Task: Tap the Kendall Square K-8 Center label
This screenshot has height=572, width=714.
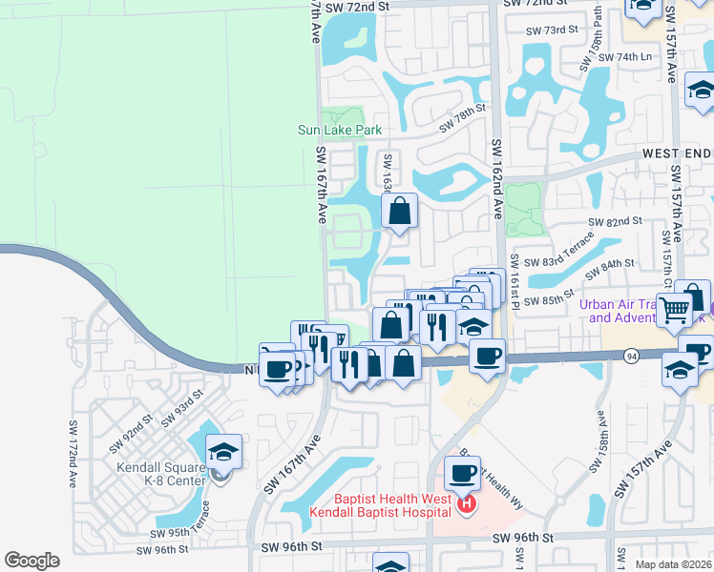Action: pyautogui.click(x=161, y=474)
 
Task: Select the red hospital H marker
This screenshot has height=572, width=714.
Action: pyautogui.click(x=467, y=504)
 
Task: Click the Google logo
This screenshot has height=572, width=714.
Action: pyautogui.click(x=31, y=561)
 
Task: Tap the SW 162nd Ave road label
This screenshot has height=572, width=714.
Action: pyautogui.click(x=496, y=180)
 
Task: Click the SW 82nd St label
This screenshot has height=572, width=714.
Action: pyautogui.click(x=614, y=221)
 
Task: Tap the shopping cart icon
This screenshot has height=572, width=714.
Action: pyautogui.click(x=675, y=308)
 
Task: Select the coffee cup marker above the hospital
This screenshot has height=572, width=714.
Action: pyautogui.click(x=464, y=473)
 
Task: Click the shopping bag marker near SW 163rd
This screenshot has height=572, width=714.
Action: pyautogui.click(x=400, y=211)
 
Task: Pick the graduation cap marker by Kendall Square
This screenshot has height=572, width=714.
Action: pyautogui.click(x=223, y=452)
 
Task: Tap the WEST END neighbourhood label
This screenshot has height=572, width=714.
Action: pyautogui.click(x=677, y=153)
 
